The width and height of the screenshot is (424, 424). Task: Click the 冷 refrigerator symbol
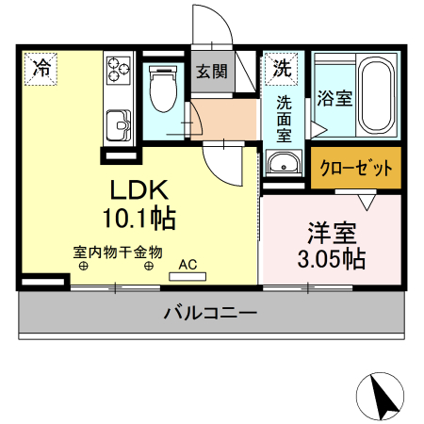(x=41, y=68)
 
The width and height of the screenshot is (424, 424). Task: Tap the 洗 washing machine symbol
(x=281, y=68)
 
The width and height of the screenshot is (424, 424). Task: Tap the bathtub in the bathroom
(x=377, y=94)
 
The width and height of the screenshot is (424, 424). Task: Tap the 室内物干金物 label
(x=118, y=252)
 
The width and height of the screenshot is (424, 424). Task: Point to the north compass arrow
(x=384, y=396)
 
